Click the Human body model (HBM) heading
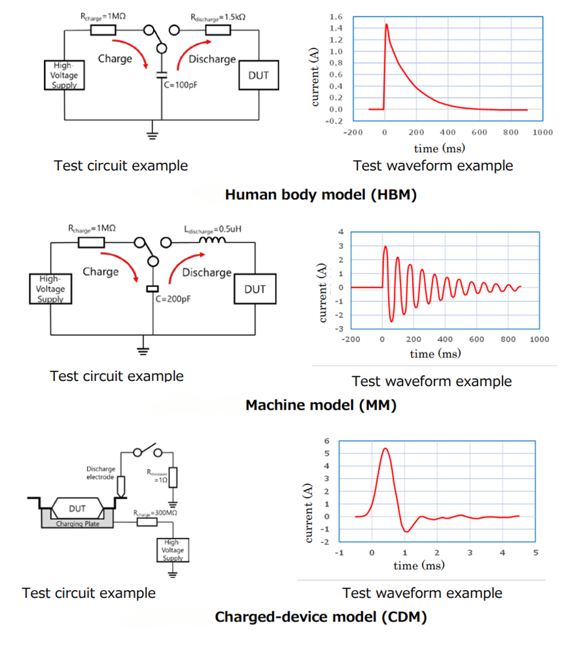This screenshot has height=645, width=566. (321, 195)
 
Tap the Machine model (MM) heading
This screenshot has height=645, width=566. (321, 405)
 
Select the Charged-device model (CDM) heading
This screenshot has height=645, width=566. (321, 616)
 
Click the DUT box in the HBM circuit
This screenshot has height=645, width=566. (258, 76)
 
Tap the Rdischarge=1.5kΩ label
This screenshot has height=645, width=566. (219, 18)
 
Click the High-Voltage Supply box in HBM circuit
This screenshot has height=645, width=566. (63, 75)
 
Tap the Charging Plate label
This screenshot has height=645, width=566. (77, 523)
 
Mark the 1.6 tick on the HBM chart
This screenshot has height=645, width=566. (336, 16)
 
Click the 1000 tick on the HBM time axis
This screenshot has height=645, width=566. (542, 131)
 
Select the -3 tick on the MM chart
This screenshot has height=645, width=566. (340, 328)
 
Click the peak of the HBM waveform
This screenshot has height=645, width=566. (387, 24)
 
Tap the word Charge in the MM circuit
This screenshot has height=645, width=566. (100, 271)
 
